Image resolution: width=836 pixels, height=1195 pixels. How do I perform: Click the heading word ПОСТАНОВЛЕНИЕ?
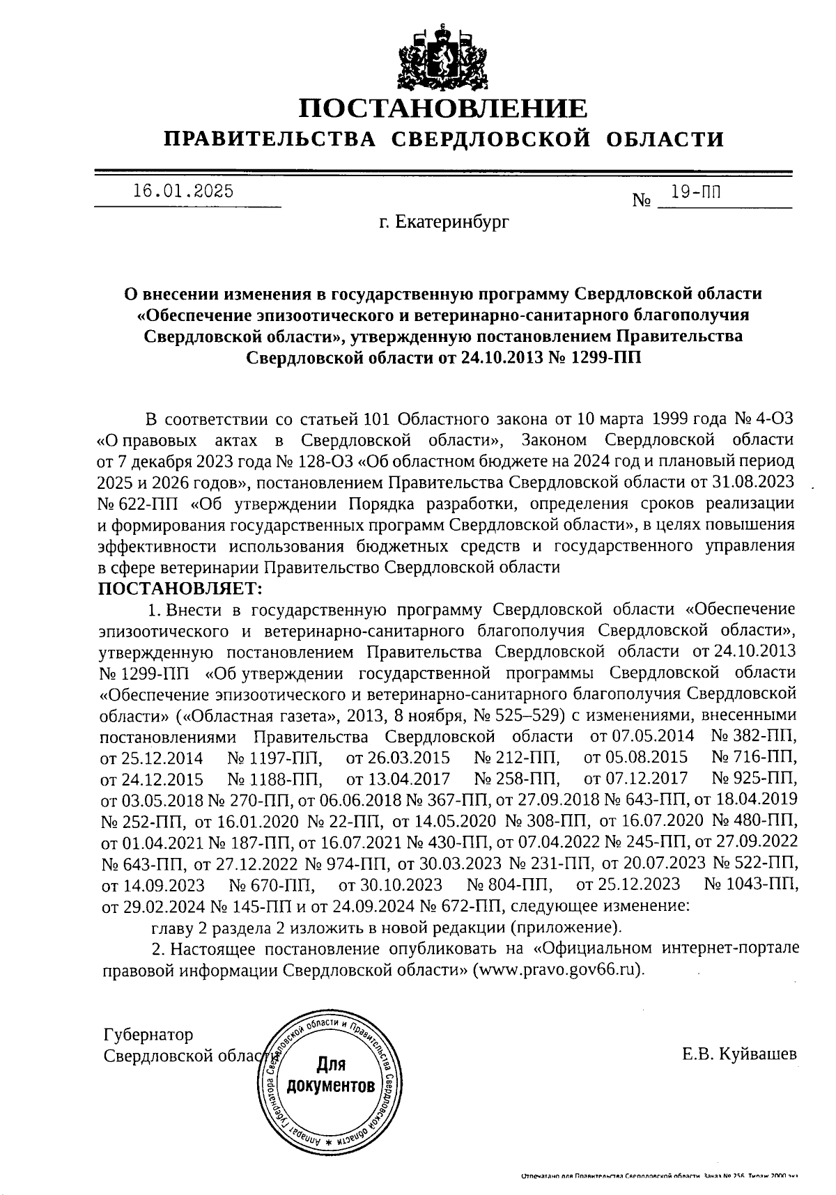pyautogui.click(x=443, y=108)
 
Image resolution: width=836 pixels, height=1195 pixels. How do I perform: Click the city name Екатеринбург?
pyautogui.click(x=444, y=222)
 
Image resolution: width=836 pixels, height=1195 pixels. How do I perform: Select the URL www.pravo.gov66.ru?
pyautogui.click(x=556, y=970)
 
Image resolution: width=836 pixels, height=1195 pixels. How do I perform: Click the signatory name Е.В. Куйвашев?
pyautogui.click(x=739, y=1054)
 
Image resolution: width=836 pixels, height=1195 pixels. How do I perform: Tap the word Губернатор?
pyautogui.click(x=147, y=1035)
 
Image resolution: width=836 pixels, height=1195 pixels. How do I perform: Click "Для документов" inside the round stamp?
pyautogui.click(x=331, y=1075)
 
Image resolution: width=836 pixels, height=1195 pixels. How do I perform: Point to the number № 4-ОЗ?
pyautogui.click(x=764, y=419)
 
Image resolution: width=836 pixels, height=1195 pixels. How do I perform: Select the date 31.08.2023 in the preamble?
pyautogui.click(x=760, y=482)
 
